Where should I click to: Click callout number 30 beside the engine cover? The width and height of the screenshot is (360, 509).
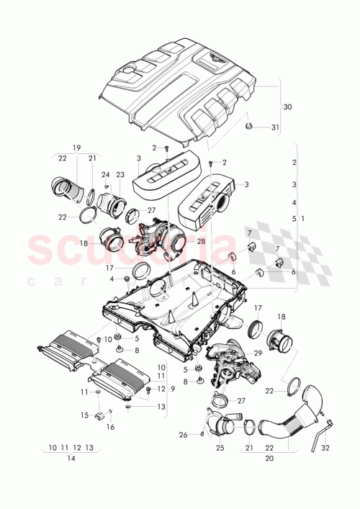pyautogui.click(x=288, y=107)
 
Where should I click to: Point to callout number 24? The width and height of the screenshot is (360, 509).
pyautogui.click(x=106, y=174)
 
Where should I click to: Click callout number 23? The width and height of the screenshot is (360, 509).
pyautogui.click(x=120, y=174)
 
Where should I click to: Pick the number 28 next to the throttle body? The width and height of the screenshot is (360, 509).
pyautogui.click(x=200, y=241)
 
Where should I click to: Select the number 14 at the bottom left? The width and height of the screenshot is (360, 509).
pyautogui.click(x=71, y=458)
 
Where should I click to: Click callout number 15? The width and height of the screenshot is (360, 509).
pyautogui.click(x=84, y=415)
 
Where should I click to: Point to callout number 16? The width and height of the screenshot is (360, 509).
pyautogui.click(x=111, y=427)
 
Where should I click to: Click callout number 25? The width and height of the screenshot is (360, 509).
pyautogui.click(x=220, y=447)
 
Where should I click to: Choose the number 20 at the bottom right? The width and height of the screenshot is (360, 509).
pyautogui.click(x=269, y=458)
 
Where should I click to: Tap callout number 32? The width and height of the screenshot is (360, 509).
pyautogui.click(x=325, y=447)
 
